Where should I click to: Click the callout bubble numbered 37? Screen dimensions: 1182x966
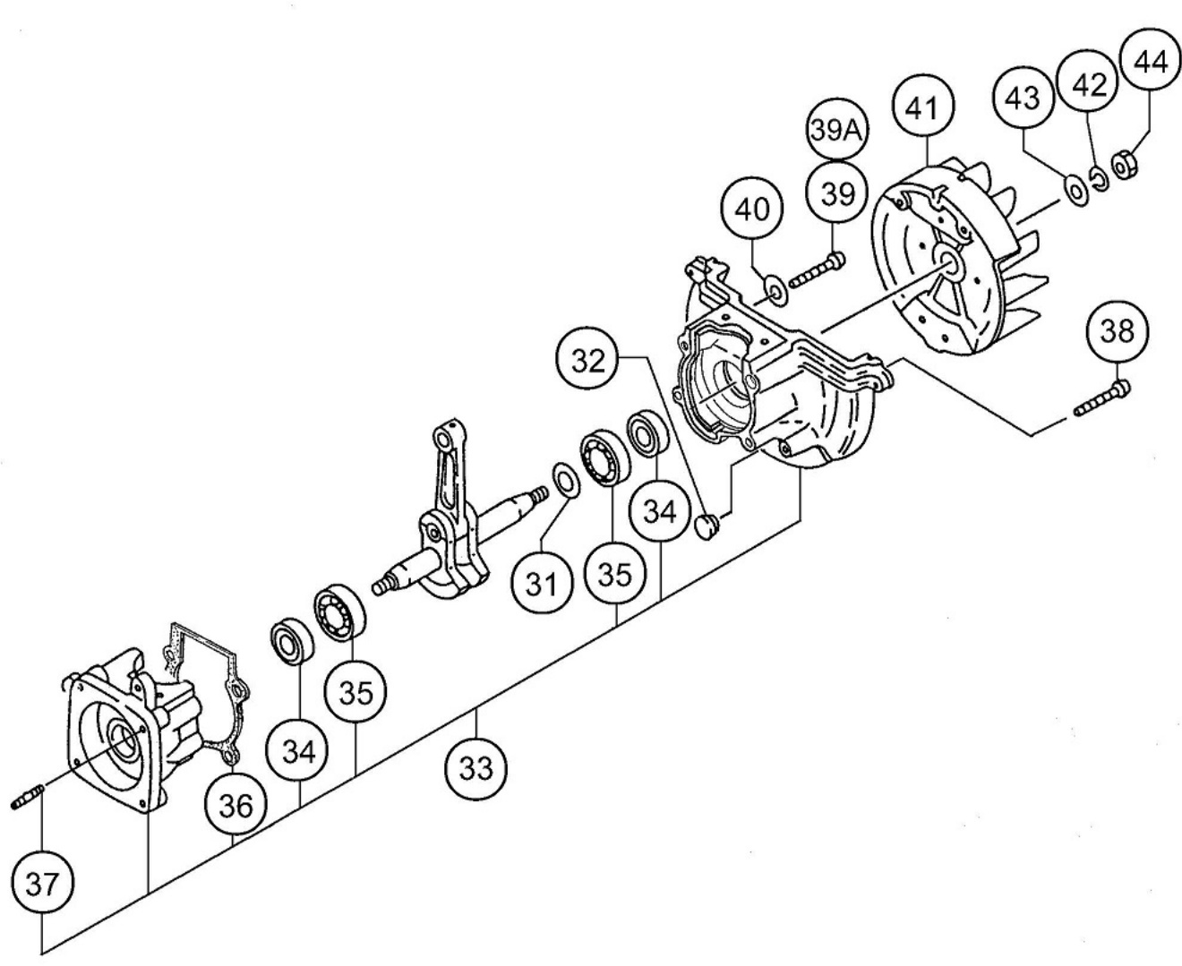point(43,885)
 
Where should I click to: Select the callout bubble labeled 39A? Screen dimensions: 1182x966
point(836,131)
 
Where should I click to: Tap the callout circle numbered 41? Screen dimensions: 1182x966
point(923,107)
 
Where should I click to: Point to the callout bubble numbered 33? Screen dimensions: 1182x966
point(475,769)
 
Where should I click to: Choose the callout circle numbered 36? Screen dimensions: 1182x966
point(236,807)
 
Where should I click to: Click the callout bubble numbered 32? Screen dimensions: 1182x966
point(588,361)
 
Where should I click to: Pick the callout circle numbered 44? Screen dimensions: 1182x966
point(1150,61)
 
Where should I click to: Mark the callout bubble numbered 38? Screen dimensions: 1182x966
point(1117,331)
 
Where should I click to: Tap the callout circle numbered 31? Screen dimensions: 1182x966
point(542,585)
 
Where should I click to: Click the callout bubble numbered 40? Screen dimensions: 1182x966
point(752,209)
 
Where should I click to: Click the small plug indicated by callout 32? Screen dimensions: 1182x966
point(707,527)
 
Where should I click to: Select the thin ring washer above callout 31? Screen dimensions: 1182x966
point(567,480)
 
